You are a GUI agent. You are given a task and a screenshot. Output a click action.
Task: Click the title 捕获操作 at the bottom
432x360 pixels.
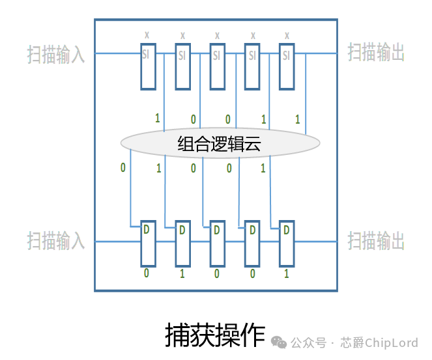pos(215,335)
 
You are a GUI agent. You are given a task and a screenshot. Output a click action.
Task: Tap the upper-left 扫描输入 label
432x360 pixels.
pos(56,54)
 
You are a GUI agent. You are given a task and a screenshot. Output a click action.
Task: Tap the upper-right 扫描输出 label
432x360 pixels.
pos(376,53)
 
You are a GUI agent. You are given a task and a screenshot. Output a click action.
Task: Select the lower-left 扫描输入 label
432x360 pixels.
pos(56,241)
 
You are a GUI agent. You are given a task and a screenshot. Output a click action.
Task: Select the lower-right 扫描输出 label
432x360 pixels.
pos(376,240)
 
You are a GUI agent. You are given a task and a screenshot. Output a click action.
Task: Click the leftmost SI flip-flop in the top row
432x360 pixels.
pos(148,66)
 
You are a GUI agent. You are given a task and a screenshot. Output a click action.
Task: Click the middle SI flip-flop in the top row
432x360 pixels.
pos(218,66)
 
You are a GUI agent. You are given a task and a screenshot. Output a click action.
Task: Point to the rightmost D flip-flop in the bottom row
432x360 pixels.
pos(287,243)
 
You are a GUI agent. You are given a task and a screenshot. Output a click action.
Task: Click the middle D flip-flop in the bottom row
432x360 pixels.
pos(217,243)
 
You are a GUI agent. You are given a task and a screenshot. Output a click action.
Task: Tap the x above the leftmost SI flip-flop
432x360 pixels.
pos(147,35)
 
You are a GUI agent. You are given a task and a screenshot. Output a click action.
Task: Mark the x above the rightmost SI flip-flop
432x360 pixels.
pos(287,35)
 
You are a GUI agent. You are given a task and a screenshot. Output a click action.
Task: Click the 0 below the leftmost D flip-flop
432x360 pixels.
pos(147,273)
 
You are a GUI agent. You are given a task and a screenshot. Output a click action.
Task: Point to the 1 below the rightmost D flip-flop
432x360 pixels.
pos(286,273)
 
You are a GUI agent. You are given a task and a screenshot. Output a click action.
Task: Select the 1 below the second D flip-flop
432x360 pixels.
pos(182,273)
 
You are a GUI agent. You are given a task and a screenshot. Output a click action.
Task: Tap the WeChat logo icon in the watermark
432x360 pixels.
pos(279,342)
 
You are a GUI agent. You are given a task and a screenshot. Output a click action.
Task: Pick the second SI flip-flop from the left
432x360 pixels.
pos(182,66)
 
